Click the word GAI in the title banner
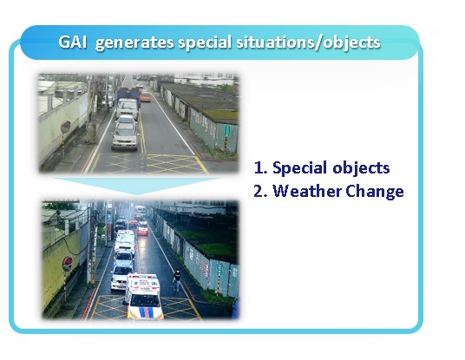pyautogui.click(x=72, y=43)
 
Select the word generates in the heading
pyautogui.click(x=134, y=43)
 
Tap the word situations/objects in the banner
pyautogui.click(x=308, y=43)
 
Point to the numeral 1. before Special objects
pyautogui.click(x=261, y=167)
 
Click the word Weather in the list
pyautogui.click(x=306, y=191)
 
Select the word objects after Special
pyautogui.click(x=361, y=168)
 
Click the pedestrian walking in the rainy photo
pyautogui.click(x=177, y=280)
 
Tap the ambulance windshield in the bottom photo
pyautogui.click(x=145, y=300)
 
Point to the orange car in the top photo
pyautogui.click(x=146, y=96)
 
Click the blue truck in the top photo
pyautogui.click(x=128, y=95)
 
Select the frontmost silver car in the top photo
pyautogui.click(x=125, y=136)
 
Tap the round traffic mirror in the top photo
pyautogui.click(x=65, y=127)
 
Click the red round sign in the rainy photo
pyautogui.click(x=68, y=264)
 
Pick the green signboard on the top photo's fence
pyautogui.click(x=227, y=131)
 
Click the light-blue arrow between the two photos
pyautogui.click(x=137, y=186)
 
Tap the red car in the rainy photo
pyautogui.click(x=142, y=229)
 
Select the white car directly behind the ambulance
pyautogui.click(x=121, y=278)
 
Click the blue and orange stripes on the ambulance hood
pyautogui.click(x=147, y=312)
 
